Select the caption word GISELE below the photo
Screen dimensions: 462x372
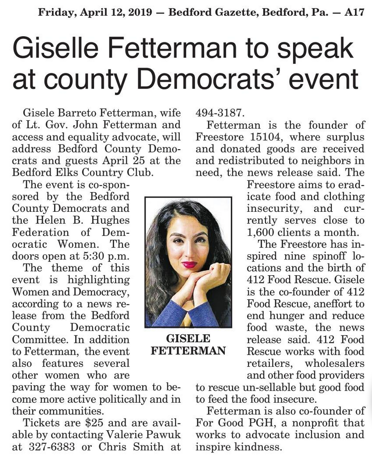pyautogui.click(x=188, y=338)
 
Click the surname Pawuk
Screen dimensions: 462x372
pyautogui.click(x=165, y=434)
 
